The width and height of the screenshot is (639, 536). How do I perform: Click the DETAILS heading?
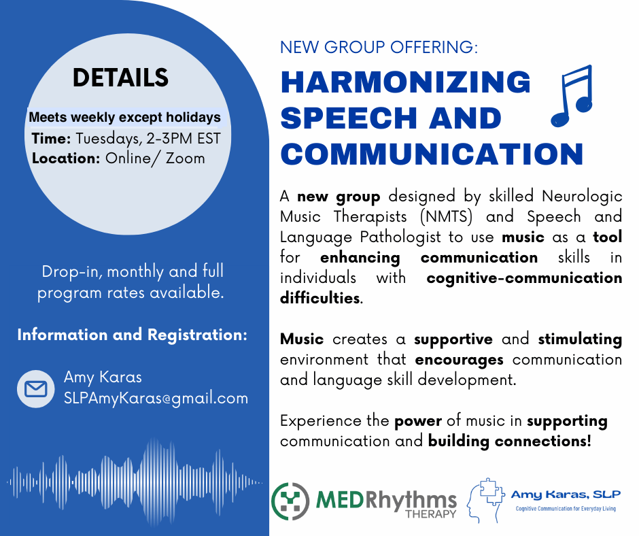pos(120,78)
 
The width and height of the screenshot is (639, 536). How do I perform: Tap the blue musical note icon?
pos(571,95)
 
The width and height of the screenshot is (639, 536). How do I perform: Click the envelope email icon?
pos(36,389)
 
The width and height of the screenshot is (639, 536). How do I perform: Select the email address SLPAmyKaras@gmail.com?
pos(156,398)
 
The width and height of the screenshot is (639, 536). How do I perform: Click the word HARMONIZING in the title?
pos(405,82)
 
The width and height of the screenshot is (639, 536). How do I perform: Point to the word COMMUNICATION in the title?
pos(432,154)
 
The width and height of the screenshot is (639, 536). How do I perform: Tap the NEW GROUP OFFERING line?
pos(379,48)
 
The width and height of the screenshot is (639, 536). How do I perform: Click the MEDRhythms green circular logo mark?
pos(290,501)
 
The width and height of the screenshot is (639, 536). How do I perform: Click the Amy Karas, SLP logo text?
pos(566,495)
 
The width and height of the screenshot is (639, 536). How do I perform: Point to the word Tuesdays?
pos(109,139)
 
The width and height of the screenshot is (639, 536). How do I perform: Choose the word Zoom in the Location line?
pos(185,158)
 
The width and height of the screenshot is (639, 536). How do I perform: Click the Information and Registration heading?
pos(133,335)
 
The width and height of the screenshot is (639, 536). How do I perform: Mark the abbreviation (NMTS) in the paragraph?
pos(446,216)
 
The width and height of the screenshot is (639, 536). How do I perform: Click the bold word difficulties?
pos(320,298)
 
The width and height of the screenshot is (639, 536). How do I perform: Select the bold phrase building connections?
pos(509,441)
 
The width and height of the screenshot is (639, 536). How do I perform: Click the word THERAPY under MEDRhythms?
pos(431,514)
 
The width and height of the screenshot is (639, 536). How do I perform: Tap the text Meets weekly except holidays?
pos(124,118)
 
